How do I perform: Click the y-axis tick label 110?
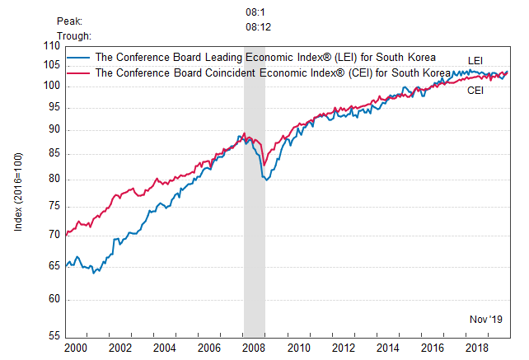point(52,45)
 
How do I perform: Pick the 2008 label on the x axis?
point(254,349)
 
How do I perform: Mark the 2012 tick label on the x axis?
point(344,349)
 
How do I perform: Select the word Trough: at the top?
point(75,35)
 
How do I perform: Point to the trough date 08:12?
point(258,26)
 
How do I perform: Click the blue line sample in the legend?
point(79,58)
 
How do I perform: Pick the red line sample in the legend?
point(79,72)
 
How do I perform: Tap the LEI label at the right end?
point(476,60)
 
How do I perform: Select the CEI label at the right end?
point(475,91)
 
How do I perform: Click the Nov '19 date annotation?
point(485,319)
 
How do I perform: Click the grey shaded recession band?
point(254,247)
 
